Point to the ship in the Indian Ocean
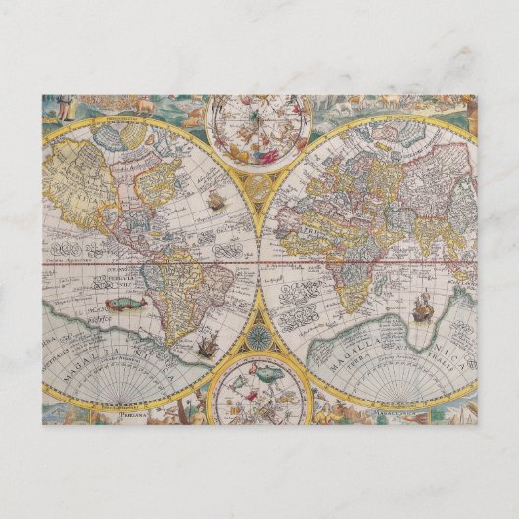[x=423, y=307]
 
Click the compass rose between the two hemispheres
[x=259, y=336]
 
